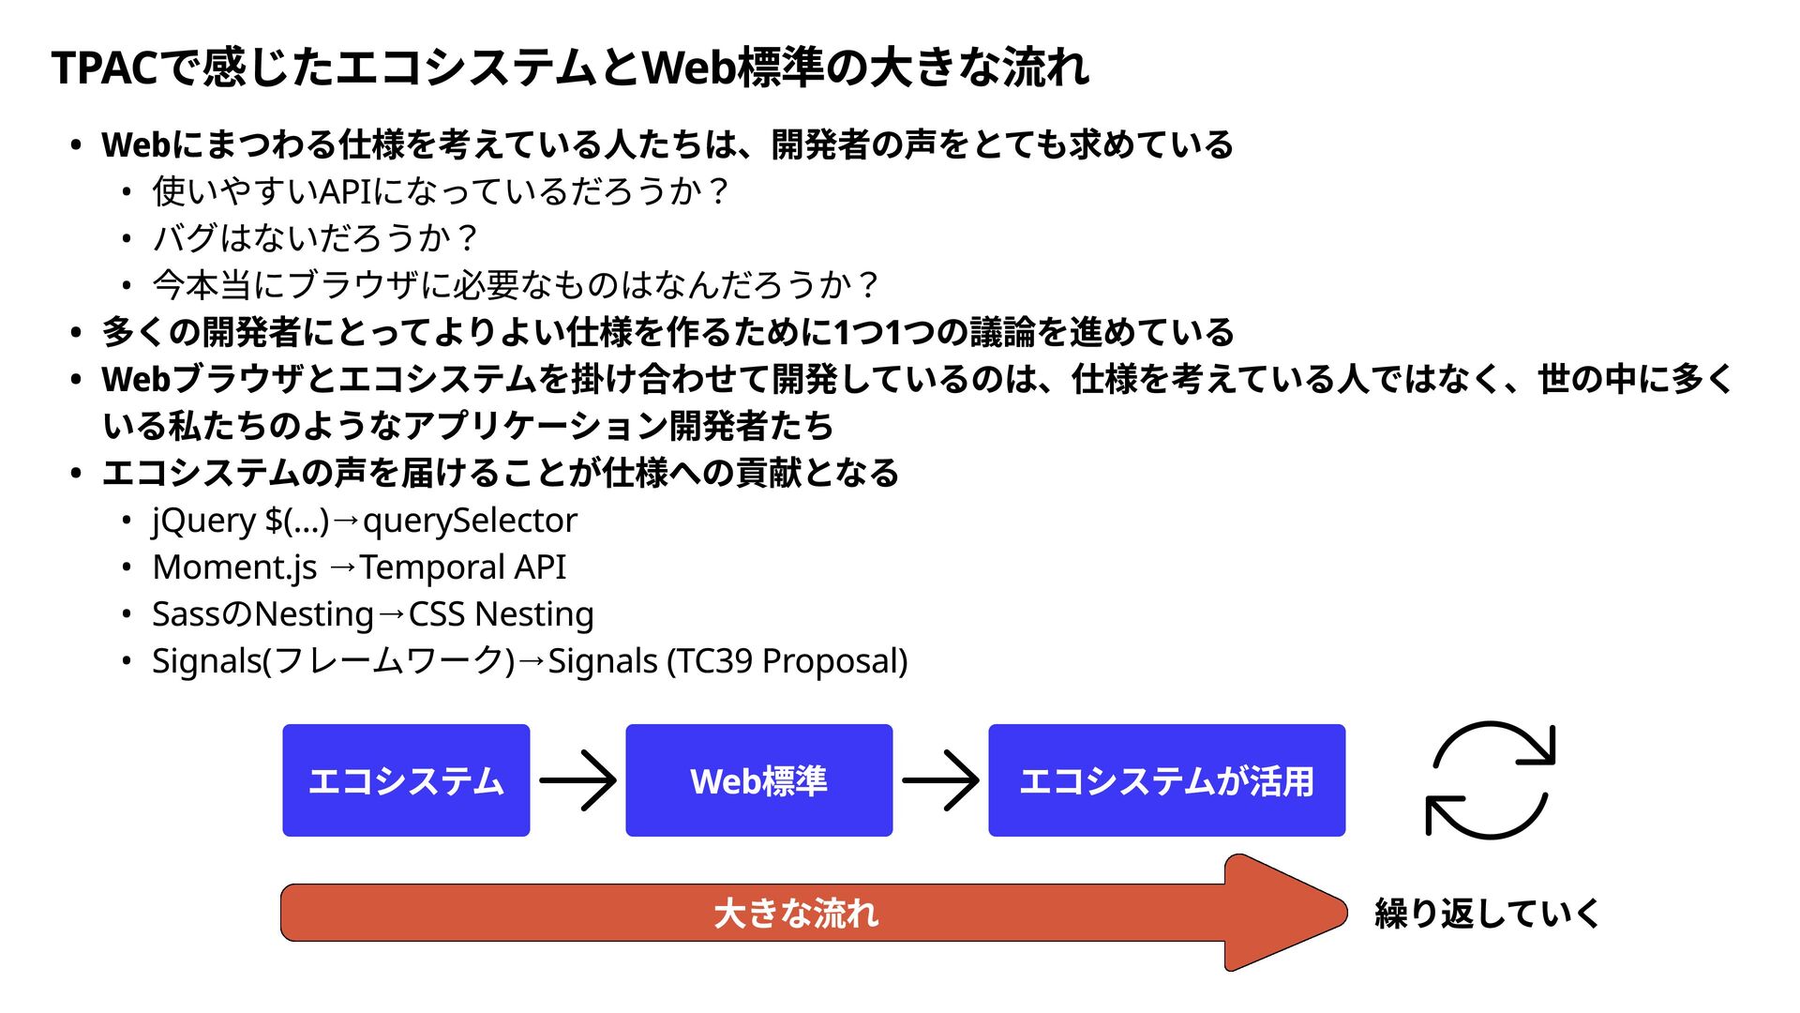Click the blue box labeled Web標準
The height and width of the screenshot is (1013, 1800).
[758, 780]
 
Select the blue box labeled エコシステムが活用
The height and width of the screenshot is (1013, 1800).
[1166, 780]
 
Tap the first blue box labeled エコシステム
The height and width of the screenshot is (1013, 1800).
[406, 780]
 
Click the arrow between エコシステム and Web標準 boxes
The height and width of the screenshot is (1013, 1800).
[577, 780]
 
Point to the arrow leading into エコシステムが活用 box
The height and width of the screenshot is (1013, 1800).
[940, 780]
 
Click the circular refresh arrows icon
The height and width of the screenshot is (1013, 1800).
[1490, 779]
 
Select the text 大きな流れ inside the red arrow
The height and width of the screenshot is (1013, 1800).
[796, 913]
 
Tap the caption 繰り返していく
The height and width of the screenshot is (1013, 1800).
[1487, 913]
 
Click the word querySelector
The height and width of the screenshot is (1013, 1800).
[470, 521]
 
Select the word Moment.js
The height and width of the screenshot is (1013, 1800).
[234, 567]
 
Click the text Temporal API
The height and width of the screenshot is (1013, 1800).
[463, 567]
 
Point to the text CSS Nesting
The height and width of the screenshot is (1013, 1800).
[501, 614]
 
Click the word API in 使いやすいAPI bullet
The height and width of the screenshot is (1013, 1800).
[347, 192]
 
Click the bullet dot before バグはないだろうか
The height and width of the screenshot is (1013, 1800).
[126, 239]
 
